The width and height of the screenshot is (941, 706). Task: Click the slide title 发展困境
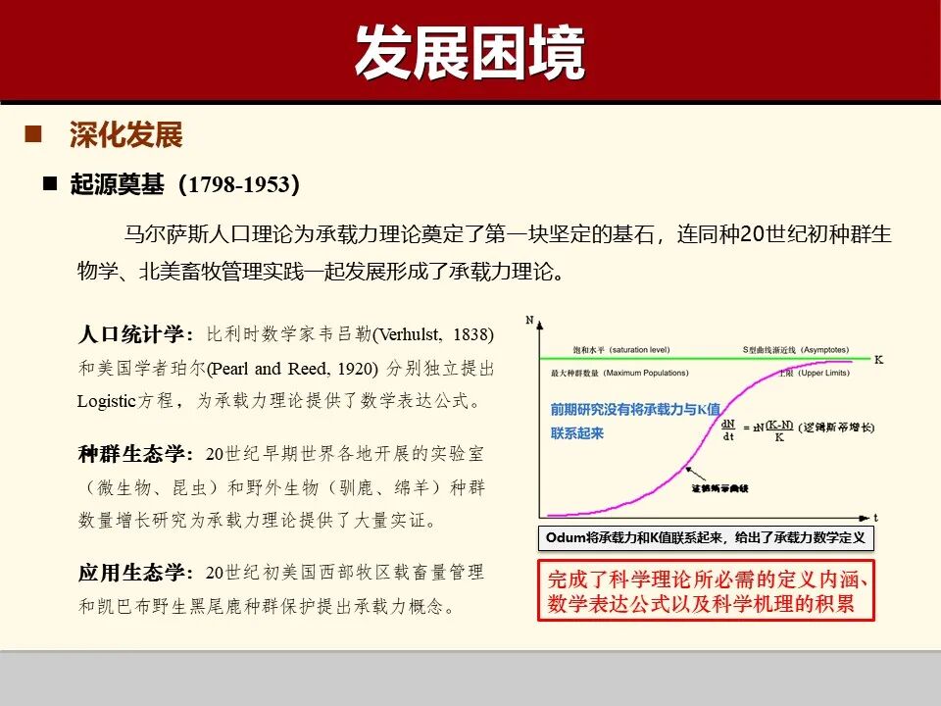pyautogui.click(x=470, y=51)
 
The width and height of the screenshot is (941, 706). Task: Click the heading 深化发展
pyautogui.click(x=125, y=135)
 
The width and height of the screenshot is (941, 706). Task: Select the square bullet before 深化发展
pyautogui.click(x=34, y=134)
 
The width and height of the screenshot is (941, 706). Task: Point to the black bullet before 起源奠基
pyautogui.click(x=50, y=184)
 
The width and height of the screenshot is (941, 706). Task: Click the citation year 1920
pyautogui.click(x=358, y=368)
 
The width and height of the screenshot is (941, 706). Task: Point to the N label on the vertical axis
pyautogui.click(x=530, y=321)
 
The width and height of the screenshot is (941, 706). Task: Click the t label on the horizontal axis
pyautogui.click(x=875, y=516)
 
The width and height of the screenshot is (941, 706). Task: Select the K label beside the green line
pyautogui.click(x=878, y=360)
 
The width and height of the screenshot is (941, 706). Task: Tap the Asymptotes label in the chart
pyautogui.click(x=832, y=350)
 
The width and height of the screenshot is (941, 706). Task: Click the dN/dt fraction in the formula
pyautogui.click(x=728, y=430)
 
